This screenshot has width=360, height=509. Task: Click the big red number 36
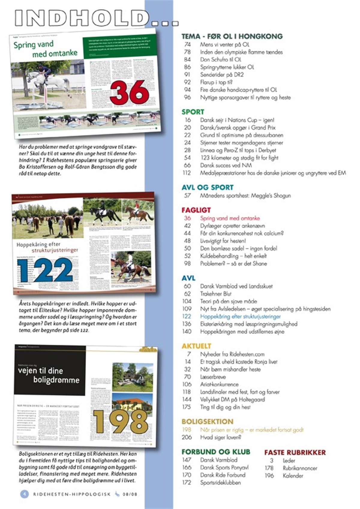click(129, 92)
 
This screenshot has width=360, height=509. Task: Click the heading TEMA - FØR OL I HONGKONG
click(232, 36)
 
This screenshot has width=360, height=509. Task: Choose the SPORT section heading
click(193, 112)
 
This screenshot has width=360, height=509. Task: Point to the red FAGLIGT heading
click(196, 210)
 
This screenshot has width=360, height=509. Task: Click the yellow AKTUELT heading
click(196, 346)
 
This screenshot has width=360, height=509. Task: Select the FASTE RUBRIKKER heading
click(295, 452)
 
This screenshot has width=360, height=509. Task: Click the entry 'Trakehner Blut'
click(216, 294)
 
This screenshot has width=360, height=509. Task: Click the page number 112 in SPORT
click(187, 173)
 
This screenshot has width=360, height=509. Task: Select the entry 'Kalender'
click(293, 475)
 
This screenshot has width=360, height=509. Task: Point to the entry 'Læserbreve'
click(213, 377)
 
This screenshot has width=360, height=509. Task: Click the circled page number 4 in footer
click(24, 494)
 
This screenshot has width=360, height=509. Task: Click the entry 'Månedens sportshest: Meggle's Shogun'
click(245, 195)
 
